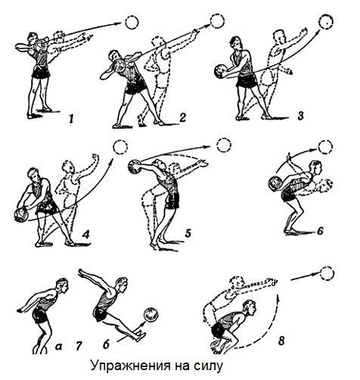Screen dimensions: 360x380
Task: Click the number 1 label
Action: [x=71, y=118]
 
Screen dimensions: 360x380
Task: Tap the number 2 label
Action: [x=182, y=118]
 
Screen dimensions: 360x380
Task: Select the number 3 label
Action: [x=300, y=116]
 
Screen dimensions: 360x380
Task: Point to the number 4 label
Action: [x=85, y=235]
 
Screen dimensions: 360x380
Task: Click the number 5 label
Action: [x=188, y=233]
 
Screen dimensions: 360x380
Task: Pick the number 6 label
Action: [x=320, y=231]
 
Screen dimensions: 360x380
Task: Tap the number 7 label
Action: [x=79, y=346]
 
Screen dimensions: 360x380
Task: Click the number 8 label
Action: [x=281, y=341]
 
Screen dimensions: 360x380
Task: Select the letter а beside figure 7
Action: [x=58, y=347]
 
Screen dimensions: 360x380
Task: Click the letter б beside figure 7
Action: [x=106, y=345]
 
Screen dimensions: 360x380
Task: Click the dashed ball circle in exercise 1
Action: [x=132, y=23]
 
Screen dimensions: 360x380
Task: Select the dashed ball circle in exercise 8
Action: [x=327, y=273]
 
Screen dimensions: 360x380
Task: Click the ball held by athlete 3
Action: [x=222, y=71]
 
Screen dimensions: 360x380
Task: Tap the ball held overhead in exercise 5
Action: [x=135, y=167]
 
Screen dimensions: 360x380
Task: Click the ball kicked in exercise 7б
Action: [x=151, y=315]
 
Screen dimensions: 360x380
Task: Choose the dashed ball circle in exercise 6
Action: [x=325, y=147]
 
